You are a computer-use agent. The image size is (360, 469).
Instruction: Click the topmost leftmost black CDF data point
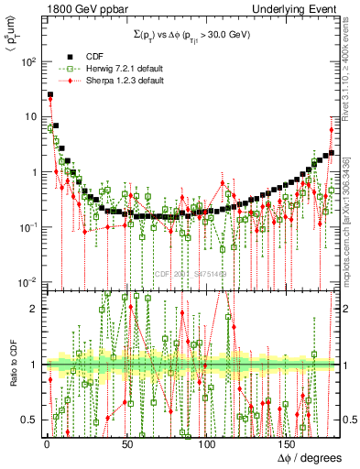(x=50, y=94)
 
